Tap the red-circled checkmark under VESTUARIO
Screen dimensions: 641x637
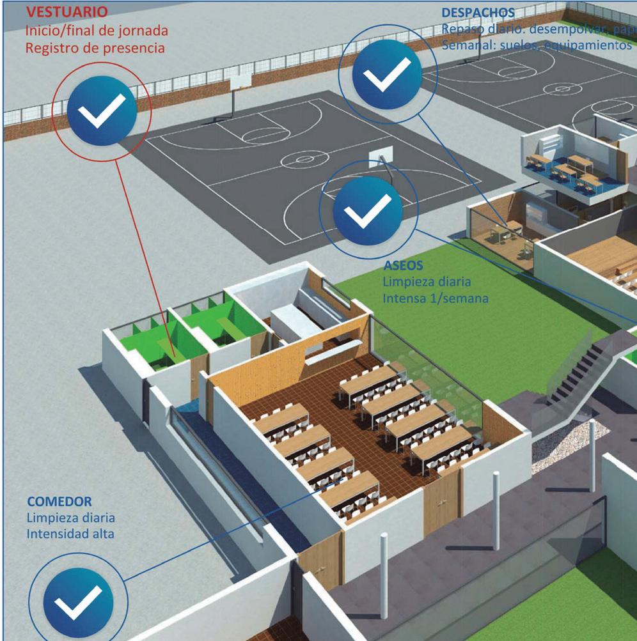(102, 112)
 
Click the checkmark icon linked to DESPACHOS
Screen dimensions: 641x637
(387, 75)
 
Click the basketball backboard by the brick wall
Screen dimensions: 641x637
(239, 81)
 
